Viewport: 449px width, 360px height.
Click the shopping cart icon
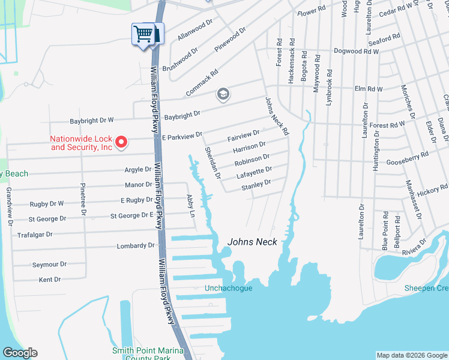click(143, 34)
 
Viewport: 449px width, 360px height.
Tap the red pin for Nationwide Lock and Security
click(121, 142)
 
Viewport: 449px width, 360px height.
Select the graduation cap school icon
click(223, 94)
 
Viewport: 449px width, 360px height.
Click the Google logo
click(20, 353)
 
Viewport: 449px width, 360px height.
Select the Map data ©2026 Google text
click(411, 355)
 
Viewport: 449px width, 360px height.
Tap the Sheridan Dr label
click(213, 163)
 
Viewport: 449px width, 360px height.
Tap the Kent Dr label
click(50, 280)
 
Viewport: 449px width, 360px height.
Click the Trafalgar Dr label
click(35, 235)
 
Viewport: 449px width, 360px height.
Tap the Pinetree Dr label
click(83, 200)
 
